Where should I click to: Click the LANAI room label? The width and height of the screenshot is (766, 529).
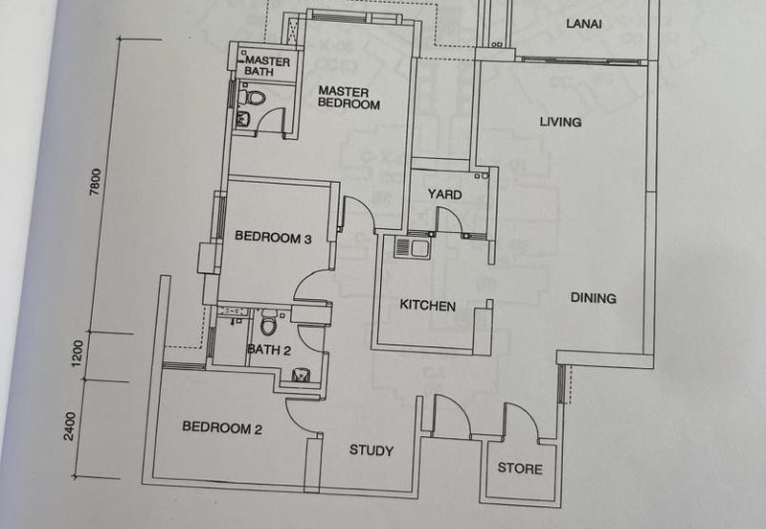tap(583, 24)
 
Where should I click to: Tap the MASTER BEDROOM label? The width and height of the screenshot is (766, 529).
tap(349, 98)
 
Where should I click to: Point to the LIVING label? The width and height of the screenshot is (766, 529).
tap(560, 122)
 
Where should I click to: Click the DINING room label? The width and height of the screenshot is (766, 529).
tap(593, 298)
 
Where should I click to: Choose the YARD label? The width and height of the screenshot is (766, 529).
tap(444, 195)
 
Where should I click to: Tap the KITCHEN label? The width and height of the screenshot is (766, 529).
tap(427, 306)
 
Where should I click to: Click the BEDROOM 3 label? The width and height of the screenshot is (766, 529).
tap(273, 239)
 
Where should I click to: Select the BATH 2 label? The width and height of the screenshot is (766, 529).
tap(269, 350)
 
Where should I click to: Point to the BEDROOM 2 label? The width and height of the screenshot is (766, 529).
tap(222, 428)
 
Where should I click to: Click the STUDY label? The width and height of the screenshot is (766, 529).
tap(371, 450)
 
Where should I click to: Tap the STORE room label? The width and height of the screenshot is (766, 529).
tap(520, 469)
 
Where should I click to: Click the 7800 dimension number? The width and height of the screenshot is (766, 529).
tap(94, 183)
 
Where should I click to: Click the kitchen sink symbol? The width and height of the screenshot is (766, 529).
tap(415, 248)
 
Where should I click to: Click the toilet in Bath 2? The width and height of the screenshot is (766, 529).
tap(269, 319)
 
